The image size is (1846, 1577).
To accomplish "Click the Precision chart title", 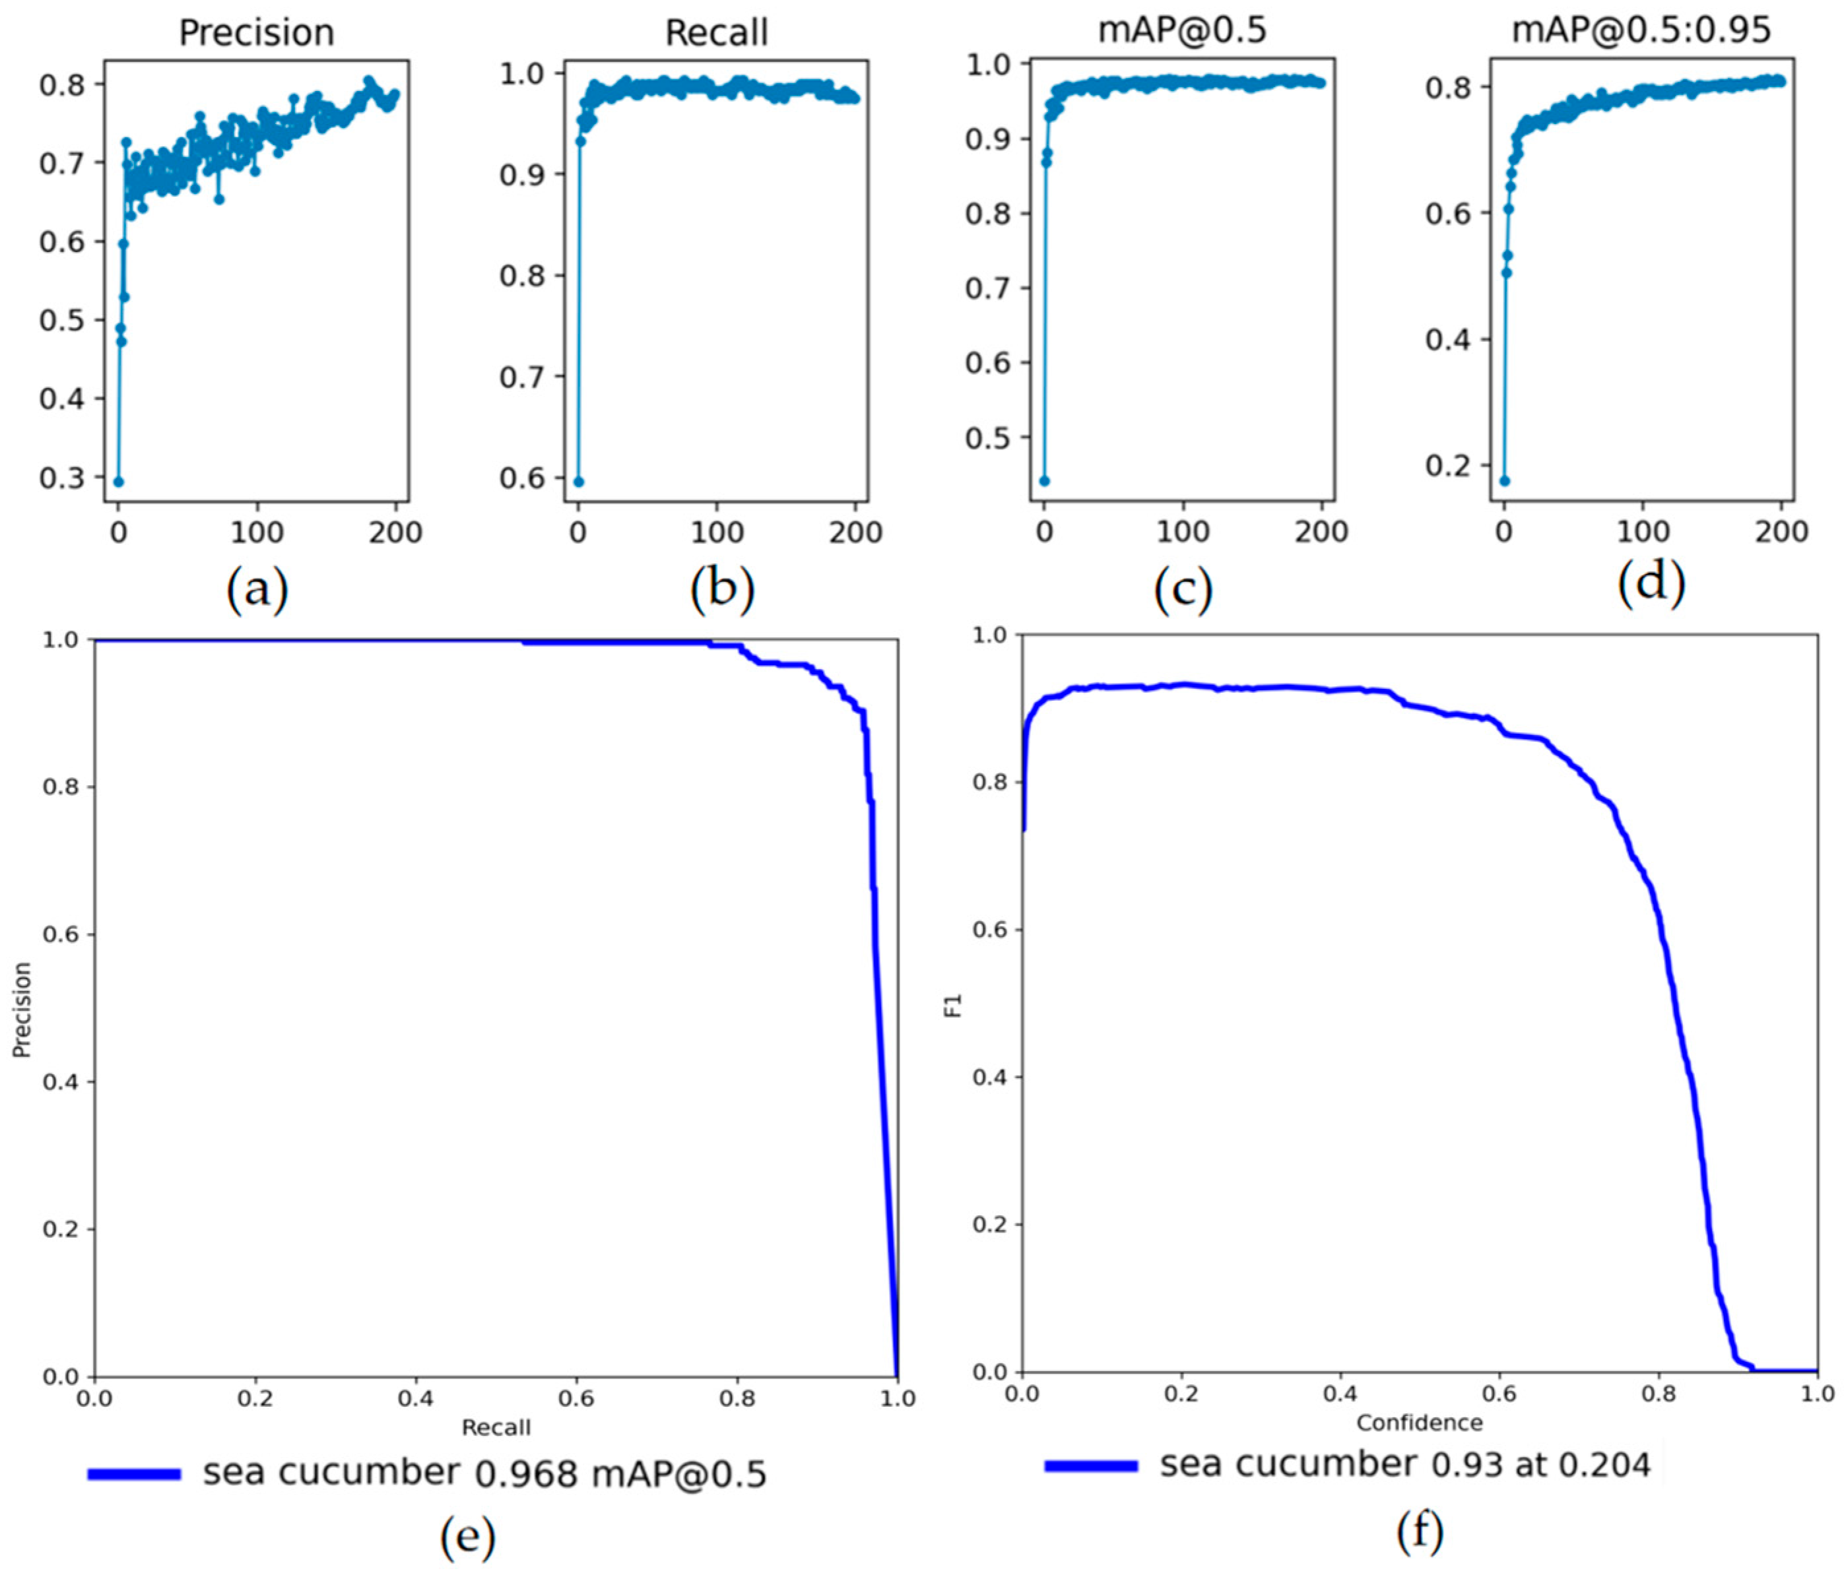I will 257,33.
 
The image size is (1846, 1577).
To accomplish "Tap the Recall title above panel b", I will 716,33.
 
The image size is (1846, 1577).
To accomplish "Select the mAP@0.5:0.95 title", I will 1641,30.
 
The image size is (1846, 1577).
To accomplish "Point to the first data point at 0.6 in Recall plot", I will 578,481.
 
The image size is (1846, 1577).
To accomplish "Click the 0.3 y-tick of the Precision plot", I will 61,478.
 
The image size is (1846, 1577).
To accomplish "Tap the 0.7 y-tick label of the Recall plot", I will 522,377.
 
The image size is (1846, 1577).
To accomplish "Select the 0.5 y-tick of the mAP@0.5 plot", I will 988,438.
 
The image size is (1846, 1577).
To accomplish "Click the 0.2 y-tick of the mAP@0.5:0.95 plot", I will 1448,466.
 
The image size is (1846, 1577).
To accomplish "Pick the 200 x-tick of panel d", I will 1780,532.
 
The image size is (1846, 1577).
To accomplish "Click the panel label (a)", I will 257,589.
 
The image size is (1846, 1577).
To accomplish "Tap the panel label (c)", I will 1182,589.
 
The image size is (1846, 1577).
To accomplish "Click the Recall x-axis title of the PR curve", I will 496,1427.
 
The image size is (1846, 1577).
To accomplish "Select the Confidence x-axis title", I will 1419,1423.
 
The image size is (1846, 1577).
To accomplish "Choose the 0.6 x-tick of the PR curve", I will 576,1399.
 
